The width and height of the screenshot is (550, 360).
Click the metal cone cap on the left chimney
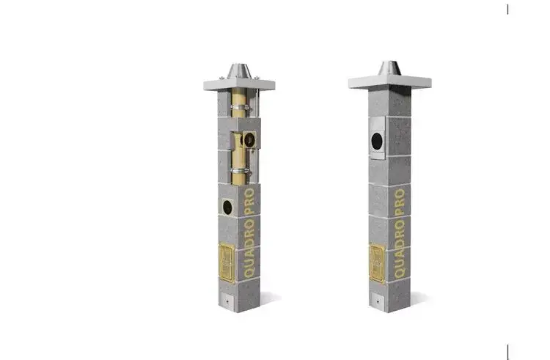tap(239, 71)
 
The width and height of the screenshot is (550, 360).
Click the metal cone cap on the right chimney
tap(389, 68)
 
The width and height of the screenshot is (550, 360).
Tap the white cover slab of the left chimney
tap(239, 85)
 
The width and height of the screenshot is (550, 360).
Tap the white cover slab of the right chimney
tap(389, 83)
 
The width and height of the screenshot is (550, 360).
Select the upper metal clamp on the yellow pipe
tap(241, 107)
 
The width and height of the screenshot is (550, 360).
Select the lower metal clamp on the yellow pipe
tap(241, 172)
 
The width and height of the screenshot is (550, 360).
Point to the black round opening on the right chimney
tap(377, 141)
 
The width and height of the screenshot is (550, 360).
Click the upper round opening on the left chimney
tap(249, 140)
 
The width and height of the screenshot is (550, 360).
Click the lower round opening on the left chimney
tap(227, 207)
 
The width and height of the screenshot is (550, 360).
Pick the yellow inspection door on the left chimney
tap(227, 262)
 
